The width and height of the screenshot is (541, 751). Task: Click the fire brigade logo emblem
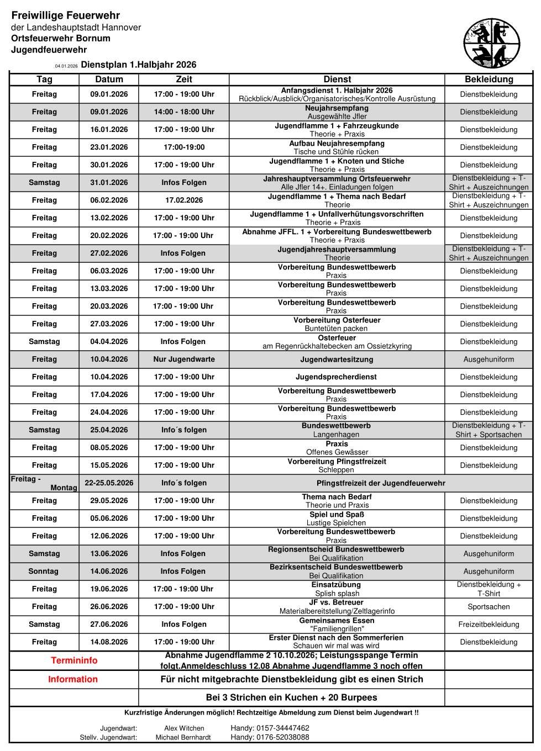[491, 43]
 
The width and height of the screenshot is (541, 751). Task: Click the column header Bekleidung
[489, 80]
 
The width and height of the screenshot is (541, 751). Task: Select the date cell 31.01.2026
[109, 183]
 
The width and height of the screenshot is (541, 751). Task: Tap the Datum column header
[109, 80]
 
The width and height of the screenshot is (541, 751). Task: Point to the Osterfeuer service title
[337, 338]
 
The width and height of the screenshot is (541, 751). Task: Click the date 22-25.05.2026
[109, 483]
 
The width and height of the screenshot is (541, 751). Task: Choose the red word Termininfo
[74, 660]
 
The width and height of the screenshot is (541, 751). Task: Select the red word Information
[73, 679]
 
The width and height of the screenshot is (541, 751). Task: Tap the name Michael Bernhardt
[183, 737]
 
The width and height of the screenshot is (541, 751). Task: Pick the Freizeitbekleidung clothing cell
[489, 625]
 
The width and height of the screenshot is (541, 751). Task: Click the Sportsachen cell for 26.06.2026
[489, 607]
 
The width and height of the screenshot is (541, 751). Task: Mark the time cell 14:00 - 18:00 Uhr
[184, 112]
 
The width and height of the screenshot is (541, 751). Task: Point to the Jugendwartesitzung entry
[337, 359]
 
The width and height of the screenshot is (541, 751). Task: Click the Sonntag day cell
[44, 572]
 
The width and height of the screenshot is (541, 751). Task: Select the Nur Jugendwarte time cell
[184, 359]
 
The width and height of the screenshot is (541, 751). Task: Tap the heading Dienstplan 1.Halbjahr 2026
[138, 65]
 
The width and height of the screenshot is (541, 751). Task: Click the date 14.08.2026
[109, 642]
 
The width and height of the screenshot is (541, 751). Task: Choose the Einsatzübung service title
[336, 585]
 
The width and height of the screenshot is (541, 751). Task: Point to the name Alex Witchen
[184, 728]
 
